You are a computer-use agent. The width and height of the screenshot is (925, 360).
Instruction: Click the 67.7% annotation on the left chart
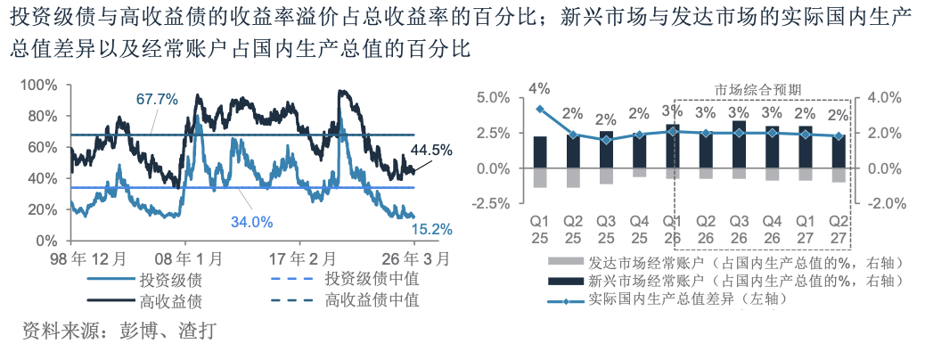[158, 99]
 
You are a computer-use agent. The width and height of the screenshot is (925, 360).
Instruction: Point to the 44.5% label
[432, 150]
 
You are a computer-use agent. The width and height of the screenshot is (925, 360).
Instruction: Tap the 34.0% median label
[252, 222]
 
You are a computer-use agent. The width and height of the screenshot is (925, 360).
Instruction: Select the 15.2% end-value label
[432, 229]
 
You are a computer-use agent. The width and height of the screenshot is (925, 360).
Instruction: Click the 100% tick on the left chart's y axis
[39, 85]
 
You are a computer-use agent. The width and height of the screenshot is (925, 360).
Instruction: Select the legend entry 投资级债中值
[372, 279]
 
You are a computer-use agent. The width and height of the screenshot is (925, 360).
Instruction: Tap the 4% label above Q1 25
[539, 88]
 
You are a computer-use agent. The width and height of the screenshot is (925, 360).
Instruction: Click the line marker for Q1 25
[540, 109]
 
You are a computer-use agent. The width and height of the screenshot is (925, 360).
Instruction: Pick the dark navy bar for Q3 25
[606, 150]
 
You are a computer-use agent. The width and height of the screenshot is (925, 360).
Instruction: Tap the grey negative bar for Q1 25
[540, 178]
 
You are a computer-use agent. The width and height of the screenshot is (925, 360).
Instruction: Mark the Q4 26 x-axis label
[772, 228]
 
